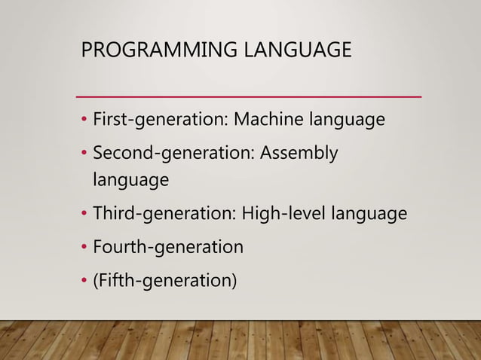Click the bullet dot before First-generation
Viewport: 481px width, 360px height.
tap(85, 121)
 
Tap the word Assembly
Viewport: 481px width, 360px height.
tap(299, 153)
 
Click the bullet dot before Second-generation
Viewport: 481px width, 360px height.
tap(85, 154)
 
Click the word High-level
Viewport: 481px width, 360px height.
tap(281, 214)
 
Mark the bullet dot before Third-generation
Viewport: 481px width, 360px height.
tap(85, 215)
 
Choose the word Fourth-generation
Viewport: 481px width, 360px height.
tap(167, 247)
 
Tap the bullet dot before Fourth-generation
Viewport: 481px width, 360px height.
tap(85, 248)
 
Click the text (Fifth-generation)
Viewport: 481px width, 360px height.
tap(164, 281)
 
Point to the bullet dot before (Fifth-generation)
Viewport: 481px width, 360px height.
tap(85, 282)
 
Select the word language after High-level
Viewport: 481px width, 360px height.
tap(369, 215)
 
